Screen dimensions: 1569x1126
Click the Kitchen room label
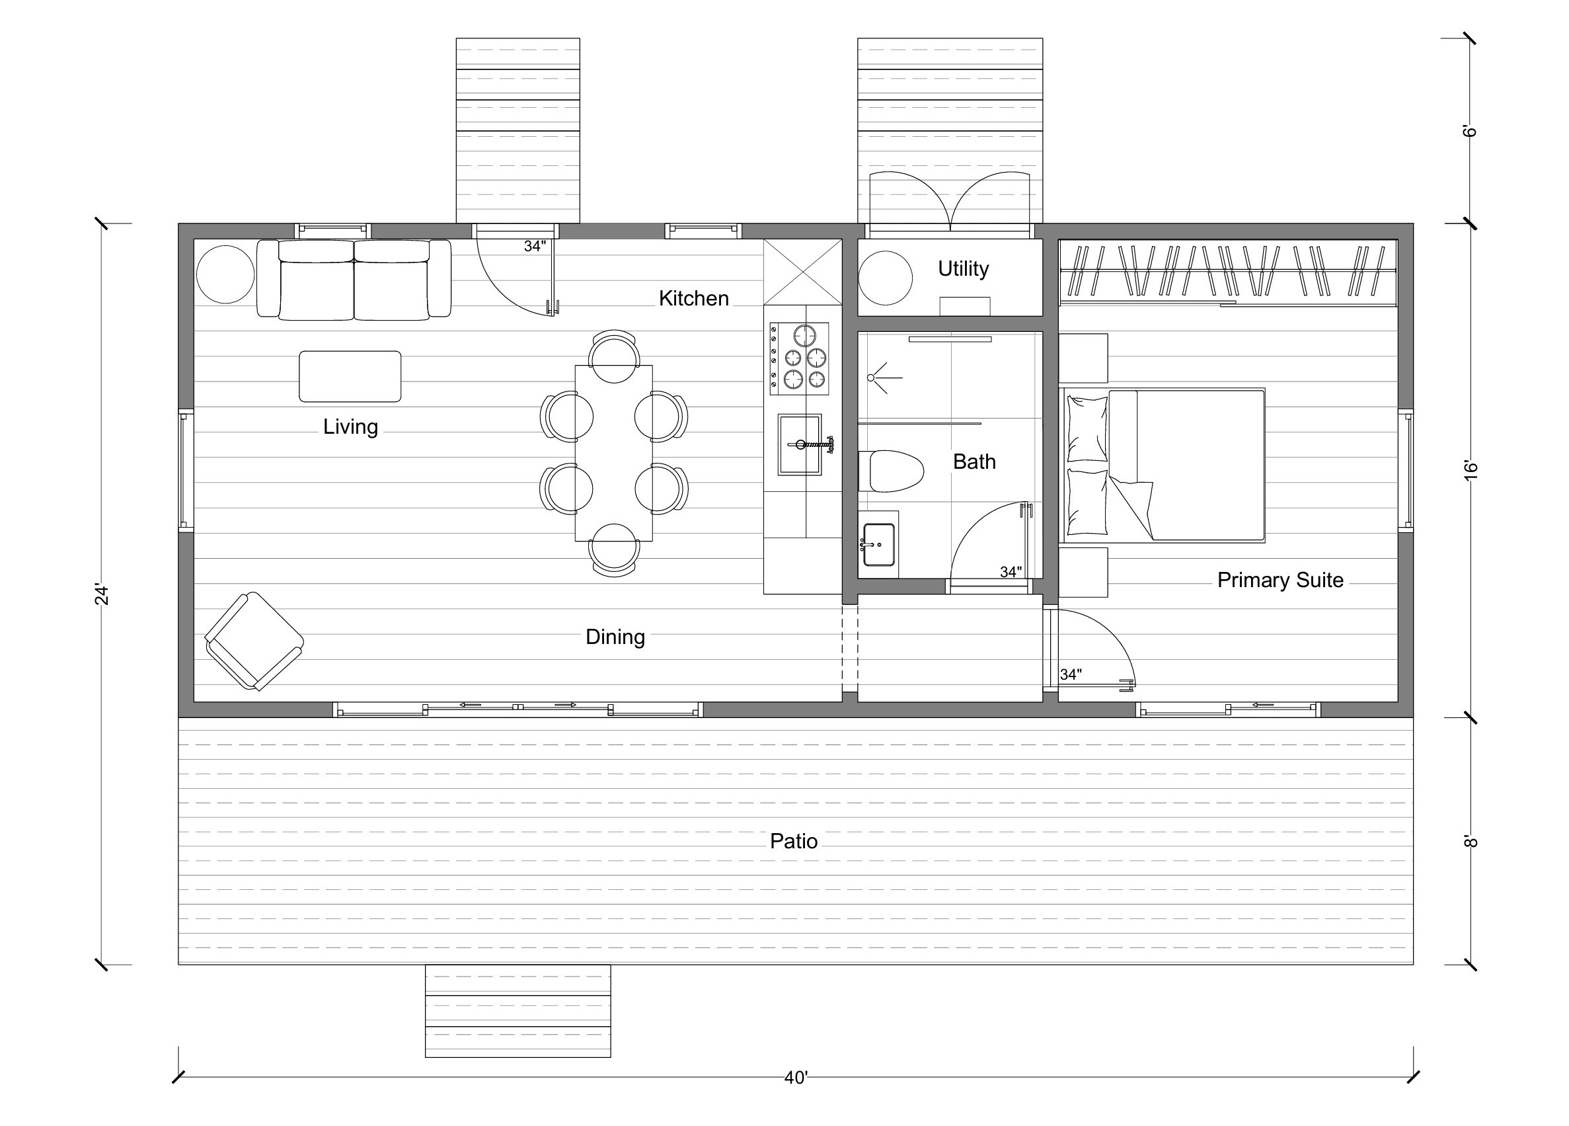pos(693,298)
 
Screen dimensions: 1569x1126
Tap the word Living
pos(350,426)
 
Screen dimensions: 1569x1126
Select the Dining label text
pos(615,637)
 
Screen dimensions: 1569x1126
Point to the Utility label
pos(963,268)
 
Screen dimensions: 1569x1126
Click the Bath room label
pos(974,462)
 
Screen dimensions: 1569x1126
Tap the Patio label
pos(794,841)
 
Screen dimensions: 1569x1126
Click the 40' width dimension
pos(796,1078)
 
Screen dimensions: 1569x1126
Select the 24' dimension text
pos(102,595)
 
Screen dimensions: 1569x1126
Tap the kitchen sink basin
pos(800,444)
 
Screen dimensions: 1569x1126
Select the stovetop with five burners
pos(799,358)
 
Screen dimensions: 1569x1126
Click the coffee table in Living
pos(350,376)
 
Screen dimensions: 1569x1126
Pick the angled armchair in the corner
pos(254,641)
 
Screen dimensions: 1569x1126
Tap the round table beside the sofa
pos(225,275)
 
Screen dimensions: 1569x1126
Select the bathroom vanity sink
pos(878,545)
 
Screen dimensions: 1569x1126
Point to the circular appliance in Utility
pos(886,278)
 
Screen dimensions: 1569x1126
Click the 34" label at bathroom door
pos(1011,573)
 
